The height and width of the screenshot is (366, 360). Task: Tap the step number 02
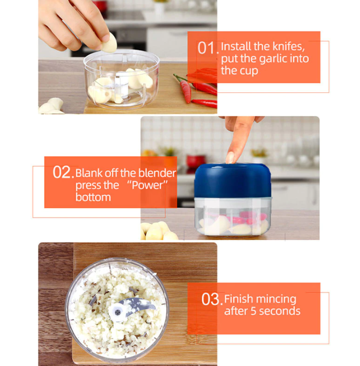pyautogui.click(x=63, y=172)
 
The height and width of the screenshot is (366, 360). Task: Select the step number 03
pyautogui.click(x=212, y=299)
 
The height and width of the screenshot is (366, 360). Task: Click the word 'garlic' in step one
pyautogui.click(x=273, y=59)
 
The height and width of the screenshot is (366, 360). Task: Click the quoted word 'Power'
pyautogui.click(x=147, y=186)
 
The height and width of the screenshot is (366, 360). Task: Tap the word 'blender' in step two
pyautogui.click(x=157, y=173)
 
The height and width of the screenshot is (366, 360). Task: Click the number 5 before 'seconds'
pyautogui.click(x=253, y=311)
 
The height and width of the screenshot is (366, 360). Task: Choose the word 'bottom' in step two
pyautogui.click(x=93, y=197)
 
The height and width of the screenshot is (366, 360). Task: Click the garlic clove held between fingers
pyautogui.click(x=110, y=44)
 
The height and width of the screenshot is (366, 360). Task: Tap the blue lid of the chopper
pyautogui.click(x=233, y=180)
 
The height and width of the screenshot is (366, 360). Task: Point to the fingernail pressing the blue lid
pyautogui.click(x=230, y=158)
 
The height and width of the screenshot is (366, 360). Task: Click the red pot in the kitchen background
pyautogui.click(x=196, y=161)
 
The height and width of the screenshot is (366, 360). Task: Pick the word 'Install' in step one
pyautogui.click(x=236, y=46)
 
